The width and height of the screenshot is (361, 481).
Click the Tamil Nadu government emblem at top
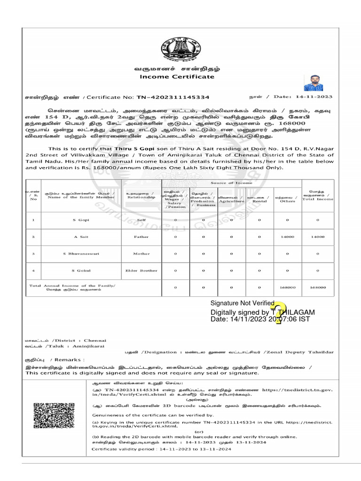click(181, 48)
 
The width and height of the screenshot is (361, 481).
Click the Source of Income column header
click(231, 183)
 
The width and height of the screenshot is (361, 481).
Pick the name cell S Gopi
click(81, 219)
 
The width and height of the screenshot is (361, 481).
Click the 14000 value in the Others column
click(287, 237)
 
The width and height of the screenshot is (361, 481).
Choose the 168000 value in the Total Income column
click(318, 287)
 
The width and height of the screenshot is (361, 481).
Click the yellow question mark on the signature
click(278, 313)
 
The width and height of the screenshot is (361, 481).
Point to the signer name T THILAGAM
click(293, 312)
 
